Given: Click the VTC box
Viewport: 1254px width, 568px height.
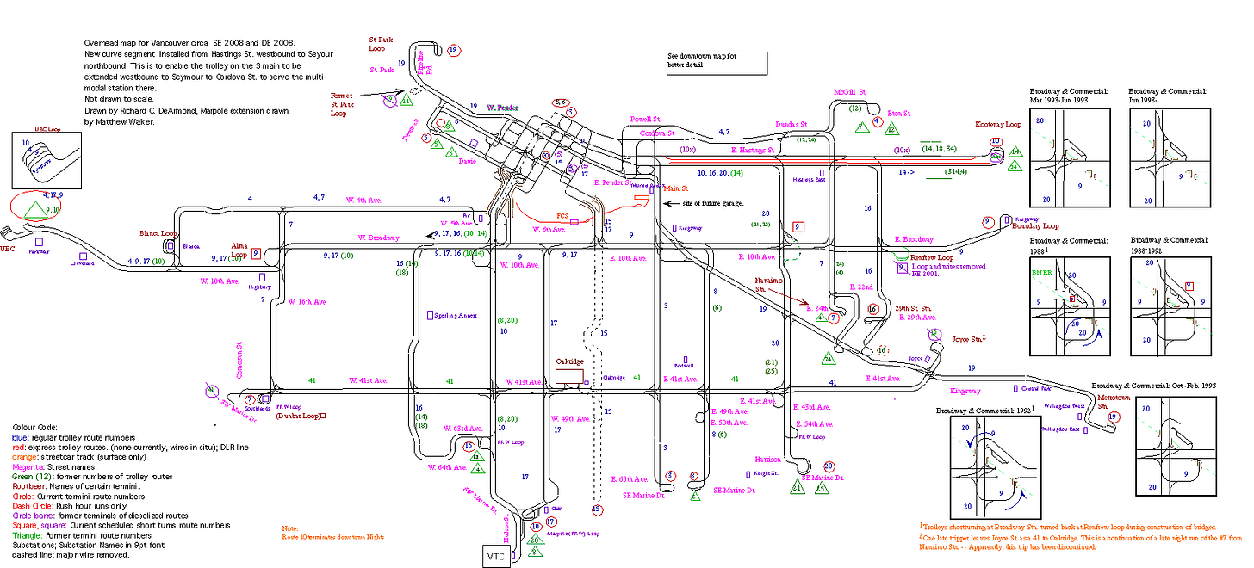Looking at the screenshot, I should pyautogui.click(x=495, y=556).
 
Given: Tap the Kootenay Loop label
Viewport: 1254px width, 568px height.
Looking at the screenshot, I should pyautogui.click(x=997, y=125).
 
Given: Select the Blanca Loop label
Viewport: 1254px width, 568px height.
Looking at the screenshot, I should pyautogui.click(x=158, y=233).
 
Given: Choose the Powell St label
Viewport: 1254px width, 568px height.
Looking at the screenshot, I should pyautogui.click(x=644, y=120).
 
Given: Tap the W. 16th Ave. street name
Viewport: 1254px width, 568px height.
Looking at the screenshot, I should pyautogui.click(x=307, y=302).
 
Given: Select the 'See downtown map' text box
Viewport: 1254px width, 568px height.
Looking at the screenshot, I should pyautogui.click(x=716, y=62).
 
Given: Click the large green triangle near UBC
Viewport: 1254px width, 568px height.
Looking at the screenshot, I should pyautogui.click(x=34, y=209).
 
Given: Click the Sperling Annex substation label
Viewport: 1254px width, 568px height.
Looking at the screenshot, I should pyautogui.click(x=456, y=316).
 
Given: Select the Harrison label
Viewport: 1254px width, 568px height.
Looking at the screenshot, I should pyautogui.click(x=767, y=459).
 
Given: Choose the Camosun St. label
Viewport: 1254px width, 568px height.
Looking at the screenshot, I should pyautogui.click(x=240, y=358).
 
